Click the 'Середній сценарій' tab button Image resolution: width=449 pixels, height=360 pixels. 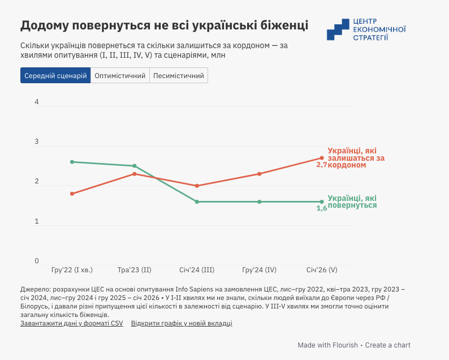[x=55, y=75]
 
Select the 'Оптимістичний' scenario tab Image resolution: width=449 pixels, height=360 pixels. [x=120, y=75]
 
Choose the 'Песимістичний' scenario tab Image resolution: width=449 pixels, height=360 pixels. [x=179, y=75]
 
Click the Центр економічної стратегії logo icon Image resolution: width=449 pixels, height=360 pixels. [x=338, y=29]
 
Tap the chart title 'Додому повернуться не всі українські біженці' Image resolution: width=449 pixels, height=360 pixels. [x=164, y=25]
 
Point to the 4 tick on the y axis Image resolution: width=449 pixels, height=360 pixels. [x=37, y=102]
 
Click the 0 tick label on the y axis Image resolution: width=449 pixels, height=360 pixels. [x=37, y=261]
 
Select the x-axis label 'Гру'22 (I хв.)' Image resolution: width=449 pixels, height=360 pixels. [x=72, y=270]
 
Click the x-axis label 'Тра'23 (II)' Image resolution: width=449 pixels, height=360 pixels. [x=134, y=270]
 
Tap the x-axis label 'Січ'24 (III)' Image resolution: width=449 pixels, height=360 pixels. [x=197, y=270]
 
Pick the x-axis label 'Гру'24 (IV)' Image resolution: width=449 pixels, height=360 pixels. [x=259, y=270]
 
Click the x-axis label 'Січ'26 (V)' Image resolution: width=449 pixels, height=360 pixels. [x=322, y=270]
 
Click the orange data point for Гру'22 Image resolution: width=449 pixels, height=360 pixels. [x=72, y=194]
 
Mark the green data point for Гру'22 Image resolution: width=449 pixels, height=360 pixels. [x=72, y=162]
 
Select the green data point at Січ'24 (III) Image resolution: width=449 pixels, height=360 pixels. [x=197, y=202]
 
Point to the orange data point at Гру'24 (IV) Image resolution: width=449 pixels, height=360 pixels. [x=259, y=174]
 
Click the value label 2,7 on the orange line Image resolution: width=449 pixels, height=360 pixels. [x=322, y=165]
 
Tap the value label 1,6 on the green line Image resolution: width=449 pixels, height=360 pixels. [x=322, y=208]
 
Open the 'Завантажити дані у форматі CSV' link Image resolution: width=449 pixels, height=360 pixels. [x=71, y=323]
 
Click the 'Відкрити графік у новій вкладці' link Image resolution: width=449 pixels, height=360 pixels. [x=182, y=323]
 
